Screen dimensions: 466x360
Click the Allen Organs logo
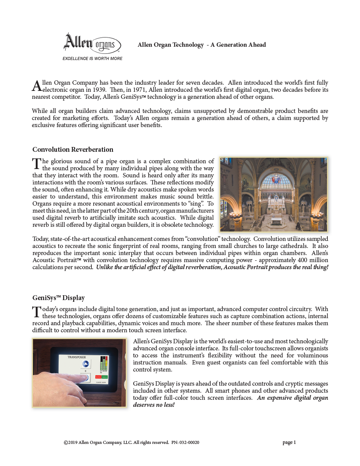coord(92,43)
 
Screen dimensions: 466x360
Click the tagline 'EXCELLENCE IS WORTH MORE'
coord(92,58)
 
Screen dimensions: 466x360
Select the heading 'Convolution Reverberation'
coord(73,149)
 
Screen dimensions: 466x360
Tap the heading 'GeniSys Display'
coord(59,298)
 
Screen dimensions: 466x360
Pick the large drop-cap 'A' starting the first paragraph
coord(37,86)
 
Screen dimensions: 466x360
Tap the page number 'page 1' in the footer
coord(289,442)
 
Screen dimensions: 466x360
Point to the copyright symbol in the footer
coord(66,442)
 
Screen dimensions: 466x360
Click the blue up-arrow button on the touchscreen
coord(86,364)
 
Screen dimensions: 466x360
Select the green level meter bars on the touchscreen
coord(104,365)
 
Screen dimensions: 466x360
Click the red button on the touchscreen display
coord(98,376)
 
